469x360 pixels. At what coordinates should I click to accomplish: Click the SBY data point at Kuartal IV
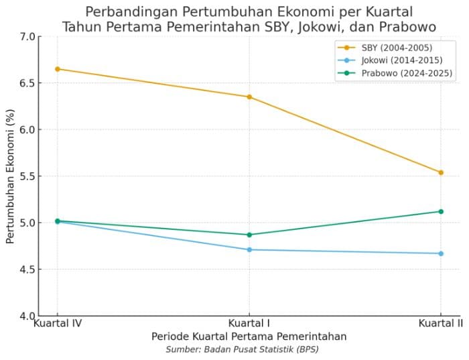(58, 69)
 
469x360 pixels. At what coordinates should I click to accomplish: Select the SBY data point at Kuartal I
(249, 97)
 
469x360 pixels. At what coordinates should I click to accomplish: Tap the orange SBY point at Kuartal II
(441, 172)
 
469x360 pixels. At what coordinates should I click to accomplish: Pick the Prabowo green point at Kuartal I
(249, 235)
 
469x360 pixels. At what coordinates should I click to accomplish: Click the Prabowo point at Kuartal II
(441, 211)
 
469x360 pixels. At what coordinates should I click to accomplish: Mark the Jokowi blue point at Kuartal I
(249, 249)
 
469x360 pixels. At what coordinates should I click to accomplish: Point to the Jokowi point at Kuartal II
(441, 253)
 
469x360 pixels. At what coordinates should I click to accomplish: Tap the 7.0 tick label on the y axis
(27, 36)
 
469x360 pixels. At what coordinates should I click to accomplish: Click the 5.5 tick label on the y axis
(27, 176)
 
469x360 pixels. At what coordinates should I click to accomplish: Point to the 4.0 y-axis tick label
(27, 316)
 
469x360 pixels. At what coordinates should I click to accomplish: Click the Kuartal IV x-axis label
(58, 323)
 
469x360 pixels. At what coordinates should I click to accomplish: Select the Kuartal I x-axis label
(249, 323)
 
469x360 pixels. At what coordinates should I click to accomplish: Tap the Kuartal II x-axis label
(441, 323)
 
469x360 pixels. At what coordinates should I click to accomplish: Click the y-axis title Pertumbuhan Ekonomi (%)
(11, 176)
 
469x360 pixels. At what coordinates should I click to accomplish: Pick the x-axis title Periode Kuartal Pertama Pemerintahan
(249, 336)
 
